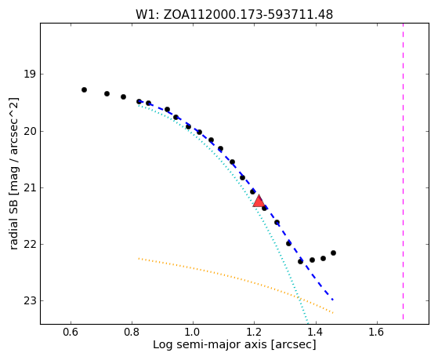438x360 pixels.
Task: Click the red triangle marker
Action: click(259, 202)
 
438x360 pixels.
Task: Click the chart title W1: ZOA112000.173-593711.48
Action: click(234, 15)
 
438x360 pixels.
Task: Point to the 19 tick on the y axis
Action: click(30, 75)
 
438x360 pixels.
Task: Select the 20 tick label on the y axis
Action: click(30, 131)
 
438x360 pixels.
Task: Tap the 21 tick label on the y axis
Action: click(30, 187)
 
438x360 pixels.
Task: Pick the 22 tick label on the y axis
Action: click(30, 244)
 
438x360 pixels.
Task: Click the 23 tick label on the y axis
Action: click(30, 300)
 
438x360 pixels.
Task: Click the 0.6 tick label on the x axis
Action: click(71, 332)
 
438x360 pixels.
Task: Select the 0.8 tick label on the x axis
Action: click(132, 332)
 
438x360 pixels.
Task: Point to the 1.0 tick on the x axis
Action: click(194, 332)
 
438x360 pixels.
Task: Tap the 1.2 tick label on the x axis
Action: click(255, 332)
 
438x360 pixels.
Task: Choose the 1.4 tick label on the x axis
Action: click(316, 332)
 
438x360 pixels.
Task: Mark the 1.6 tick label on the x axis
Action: click(377, 332)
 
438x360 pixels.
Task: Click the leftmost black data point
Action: click(84, 89)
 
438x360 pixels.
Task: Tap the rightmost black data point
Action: click(333, 253)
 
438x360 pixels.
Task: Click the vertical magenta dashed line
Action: click(403, 171)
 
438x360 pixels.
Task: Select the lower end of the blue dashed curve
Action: click(333, 300)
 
